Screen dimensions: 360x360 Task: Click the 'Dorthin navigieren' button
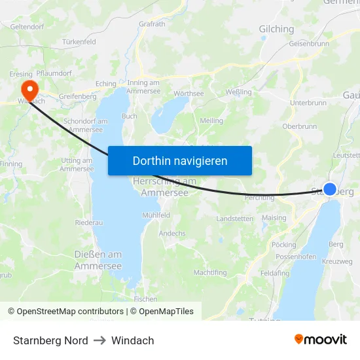tap(180, 160)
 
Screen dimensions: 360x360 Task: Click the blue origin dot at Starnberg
tap(330, 189)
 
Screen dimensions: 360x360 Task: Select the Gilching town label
tap(276, 29)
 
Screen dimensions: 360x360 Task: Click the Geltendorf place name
tap(27, 27)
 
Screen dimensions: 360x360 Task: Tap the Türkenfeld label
tap(79, 42)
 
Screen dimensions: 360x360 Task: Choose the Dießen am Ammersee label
tap(98, 260)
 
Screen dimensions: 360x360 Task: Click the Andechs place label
tap(172, 233)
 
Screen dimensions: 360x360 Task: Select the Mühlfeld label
tap(156, 215)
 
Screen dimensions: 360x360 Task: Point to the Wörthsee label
tap(189, 94)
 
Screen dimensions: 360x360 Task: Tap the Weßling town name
tap(238, 92)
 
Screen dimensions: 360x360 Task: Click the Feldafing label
tap(274, 273)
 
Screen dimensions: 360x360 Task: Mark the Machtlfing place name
tap(210, 272)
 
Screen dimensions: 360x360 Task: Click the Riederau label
tap(89, 223)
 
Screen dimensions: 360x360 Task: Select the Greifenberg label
tap(77, 96)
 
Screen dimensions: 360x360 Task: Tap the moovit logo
tap(320, 340)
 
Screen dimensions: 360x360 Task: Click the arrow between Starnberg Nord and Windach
tap(99, 340)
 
